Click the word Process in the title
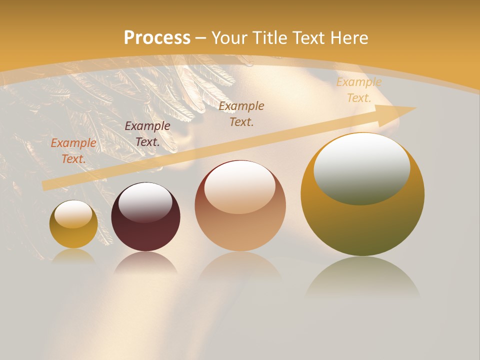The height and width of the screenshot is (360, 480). tap(157, 38)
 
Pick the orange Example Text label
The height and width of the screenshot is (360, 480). tap(73, 150)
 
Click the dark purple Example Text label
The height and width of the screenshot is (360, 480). tap(147, 133)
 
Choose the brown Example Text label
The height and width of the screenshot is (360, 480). tap(241, 113)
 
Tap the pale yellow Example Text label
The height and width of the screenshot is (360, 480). tap(359, 90)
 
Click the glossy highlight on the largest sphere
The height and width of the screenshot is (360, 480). tap(361, 168)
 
